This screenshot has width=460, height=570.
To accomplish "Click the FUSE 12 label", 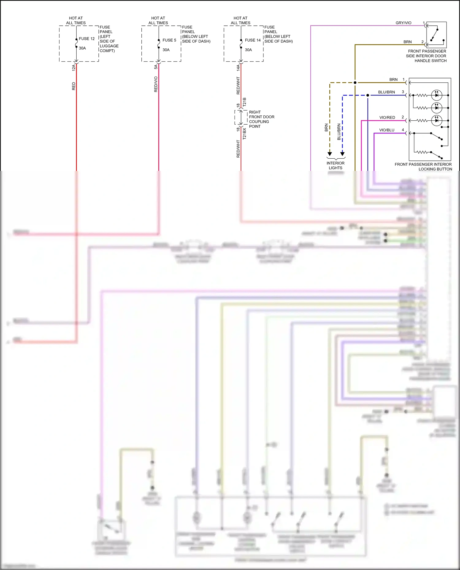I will [87, 39].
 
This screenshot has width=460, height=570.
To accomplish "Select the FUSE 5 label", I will [169, 40].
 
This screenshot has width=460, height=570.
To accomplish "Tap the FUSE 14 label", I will [253, 40].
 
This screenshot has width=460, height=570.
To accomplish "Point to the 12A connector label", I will [74, 68].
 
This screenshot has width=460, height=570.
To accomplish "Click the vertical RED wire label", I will [74, 86].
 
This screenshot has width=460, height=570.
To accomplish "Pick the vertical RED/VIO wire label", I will [156, 84].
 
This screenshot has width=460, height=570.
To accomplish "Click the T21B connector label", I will [244, 102].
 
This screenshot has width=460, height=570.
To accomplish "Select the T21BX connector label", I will [244, 134].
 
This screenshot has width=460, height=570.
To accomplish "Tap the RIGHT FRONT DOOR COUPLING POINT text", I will [261, 119].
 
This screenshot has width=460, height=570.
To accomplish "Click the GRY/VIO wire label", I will [403, 23].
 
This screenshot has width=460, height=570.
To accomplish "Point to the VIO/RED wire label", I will [387, 118].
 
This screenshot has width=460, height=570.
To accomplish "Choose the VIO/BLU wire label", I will [387, 130].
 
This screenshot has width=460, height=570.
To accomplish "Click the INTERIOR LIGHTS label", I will [335, 165].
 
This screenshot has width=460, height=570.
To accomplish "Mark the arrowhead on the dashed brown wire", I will [330, 154].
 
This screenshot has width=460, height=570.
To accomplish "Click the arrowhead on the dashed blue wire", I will [343, 154].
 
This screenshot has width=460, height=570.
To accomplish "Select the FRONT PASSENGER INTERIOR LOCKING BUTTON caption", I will [423, 167].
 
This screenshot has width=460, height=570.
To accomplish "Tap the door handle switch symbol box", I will [436, 34].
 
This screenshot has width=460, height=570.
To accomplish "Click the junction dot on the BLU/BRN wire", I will [368, 95].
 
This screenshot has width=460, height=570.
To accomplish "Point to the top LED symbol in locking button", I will [436, 95].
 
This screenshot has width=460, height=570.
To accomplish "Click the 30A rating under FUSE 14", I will [248, 50].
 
